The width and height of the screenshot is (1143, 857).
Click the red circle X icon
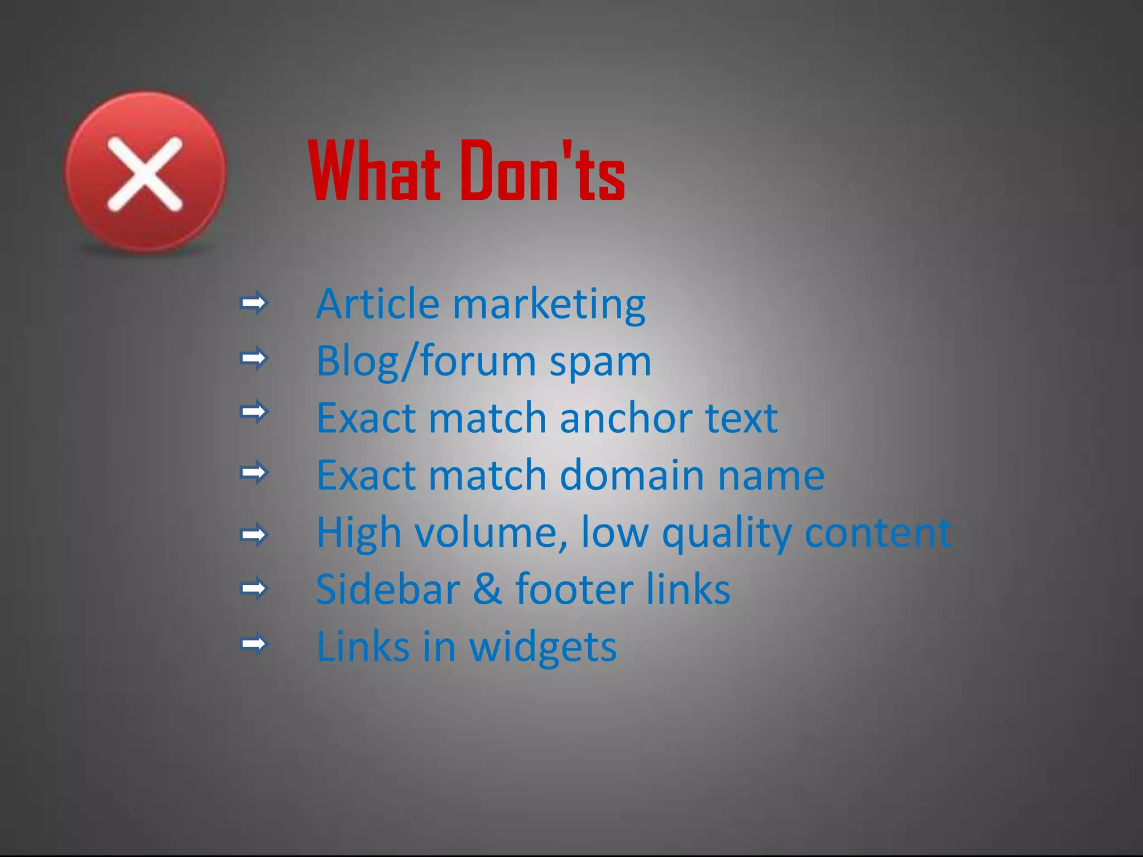pos(145,173)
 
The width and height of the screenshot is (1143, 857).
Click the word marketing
pos(549,305)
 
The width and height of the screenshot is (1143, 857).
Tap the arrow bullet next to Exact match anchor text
pos(254,412)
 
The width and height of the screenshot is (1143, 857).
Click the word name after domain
pos(771,476)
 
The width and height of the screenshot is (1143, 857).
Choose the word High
pos(359,533)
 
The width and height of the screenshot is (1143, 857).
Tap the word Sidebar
pos(388,589)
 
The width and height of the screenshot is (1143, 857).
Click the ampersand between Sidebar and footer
pos(487,589)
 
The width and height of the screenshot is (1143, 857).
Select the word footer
pos(574,589)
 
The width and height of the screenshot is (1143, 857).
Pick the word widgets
pos(542,648)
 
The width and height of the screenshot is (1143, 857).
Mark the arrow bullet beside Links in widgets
pos(254,644)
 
